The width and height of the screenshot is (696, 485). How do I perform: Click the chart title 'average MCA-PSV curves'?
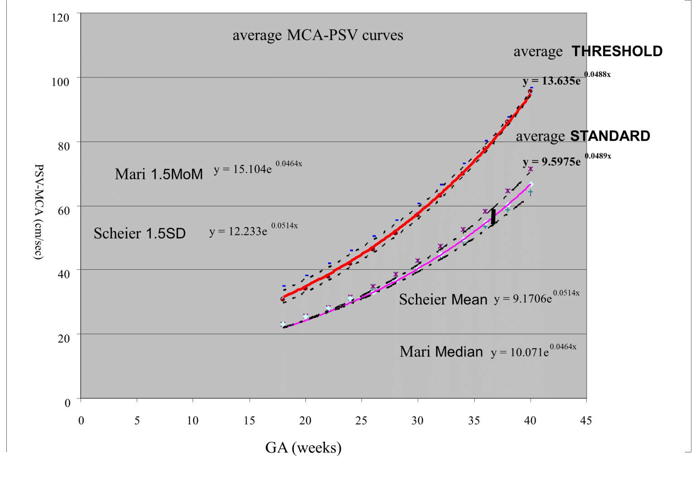pos(318,35)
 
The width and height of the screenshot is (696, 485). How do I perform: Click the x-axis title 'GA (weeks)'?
pos(303,447)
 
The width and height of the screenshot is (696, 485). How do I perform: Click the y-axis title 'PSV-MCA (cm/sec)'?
pos(39,211)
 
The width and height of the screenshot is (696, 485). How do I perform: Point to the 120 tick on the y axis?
pos(60,18)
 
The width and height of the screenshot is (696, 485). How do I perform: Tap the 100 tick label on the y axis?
pos(60,82)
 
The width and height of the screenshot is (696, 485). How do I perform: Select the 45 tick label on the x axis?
pos(585,421)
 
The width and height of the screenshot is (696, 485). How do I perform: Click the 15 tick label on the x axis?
pos(249,421)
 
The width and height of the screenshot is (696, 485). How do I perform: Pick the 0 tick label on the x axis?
pos(81,421)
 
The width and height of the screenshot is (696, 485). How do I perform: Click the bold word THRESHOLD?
pos(617,51)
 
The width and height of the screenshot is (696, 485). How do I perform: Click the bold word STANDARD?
pos(610,136)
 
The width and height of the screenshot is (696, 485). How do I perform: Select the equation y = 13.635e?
pos(551,81)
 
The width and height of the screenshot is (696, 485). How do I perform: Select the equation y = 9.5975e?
pos(551,162)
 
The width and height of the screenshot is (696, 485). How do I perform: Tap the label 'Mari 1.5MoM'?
pos(159,174)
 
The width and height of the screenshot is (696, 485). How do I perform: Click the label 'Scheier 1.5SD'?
pos(140,233)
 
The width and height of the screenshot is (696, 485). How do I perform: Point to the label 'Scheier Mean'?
pos(443,300)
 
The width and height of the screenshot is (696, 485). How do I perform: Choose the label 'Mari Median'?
pos(441,352)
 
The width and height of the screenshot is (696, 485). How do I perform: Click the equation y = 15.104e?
pos(243,169)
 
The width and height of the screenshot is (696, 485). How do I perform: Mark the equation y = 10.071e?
pos(520,352)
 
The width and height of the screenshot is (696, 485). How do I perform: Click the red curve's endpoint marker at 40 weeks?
pos(530,92)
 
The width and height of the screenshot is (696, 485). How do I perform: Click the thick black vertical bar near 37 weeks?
pos(493,216)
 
